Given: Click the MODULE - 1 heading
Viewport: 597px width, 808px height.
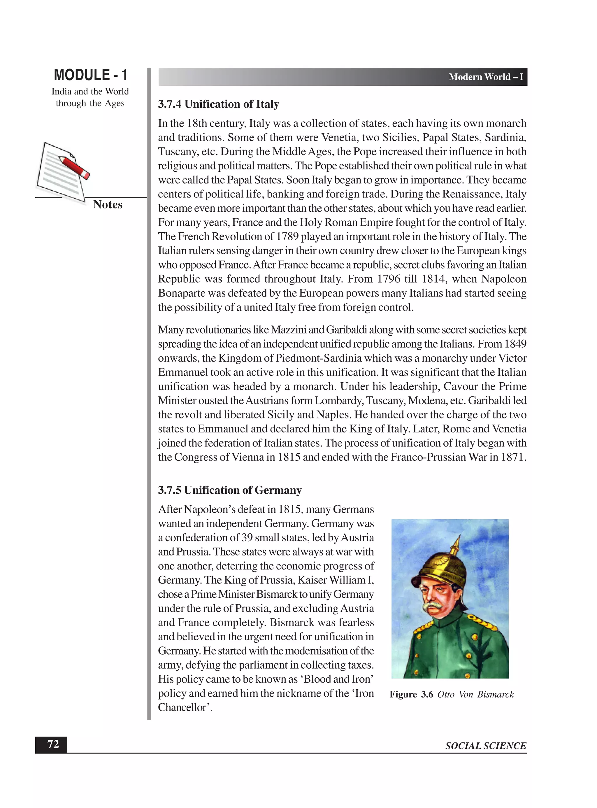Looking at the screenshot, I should click(90, 75).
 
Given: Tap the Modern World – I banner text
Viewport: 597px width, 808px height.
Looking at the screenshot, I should click(486, 77).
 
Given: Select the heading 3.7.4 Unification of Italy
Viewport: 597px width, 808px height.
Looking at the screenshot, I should click(218, 104).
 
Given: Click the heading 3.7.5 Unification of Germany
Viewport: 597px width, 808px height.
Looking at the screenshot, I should click(229, 490).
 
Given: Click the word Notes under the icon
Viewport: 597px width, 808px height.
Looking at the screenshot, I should click(108, 205).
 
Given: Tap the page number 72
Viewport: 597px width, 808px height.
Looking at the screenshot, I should click(53, 744).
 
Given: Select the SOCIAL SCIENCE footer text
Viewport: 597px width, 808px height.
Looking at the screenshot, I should click(485, 746).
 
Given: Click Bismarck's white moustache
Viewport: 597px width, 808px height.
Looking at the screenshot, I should click(436, 605).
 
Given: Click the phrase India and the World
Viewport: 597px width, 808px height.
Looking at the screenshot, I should click(90, 92).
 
